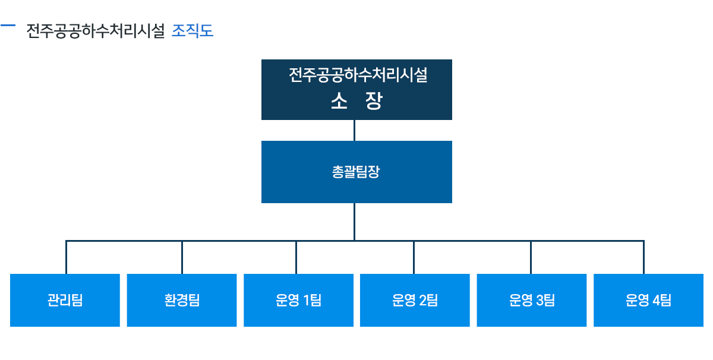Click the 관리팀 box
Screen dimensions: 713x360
65,300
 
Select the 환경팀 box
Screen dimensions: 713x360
182,300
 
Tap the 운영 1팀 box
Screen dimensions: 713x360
298,300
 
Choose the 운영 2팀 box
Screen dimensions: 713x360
415,300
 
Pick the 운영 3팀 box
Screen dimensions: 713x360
532,300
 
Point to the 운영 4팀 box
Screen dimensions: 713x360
648,300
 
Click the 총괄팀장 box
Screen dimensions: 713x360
356,172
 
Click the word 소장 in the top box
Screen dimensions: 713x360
356,101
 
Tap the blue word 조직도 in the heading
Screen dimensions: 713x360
193,31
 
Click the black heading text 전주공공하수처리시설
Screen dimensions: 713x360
96,31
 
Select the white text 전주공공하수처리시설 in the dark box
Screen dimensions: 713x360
358,75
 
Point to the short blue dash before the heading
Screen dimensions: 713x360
8,25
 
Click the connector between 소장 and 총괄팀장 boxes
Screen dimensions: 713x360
354,131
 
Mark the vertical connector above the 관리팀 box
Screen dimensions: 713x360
66,257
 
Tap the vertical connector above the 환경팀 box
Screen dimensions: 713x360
182,257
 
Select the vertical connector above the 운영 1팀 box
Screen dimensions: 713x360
296,257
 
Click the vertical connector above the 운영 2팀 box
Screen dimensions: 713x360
414,257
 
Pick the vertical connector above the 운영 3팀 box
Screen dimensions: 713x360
531,257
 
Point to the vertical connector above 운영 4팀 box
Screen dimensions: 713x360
643,257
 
